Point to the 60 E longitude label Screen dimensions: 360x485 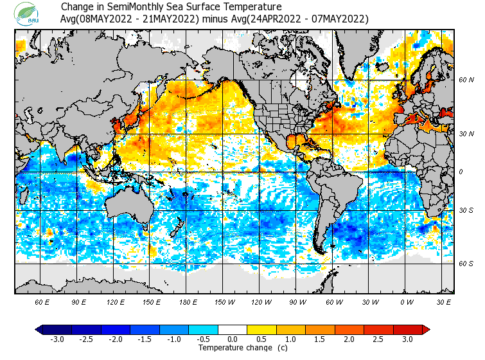[42, 301]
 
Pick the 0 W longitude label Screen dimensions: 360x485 [407, 301]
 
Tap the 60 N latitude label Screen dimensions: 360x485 [466, 80]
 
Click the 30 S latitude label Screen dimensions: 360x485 [466, 211]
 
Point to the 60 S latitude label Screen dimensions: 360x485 [466, 264]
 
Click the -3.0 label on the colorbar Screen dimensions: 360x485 [57, 339]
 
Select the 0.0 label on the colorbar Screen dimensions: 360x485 [233, 339]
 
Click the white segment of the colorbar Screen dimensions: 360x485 [233, 329]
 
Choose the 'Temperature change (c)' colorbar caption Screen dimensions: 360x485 [243, 348]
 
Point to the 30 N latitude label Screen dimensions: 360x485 [466, 134]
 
